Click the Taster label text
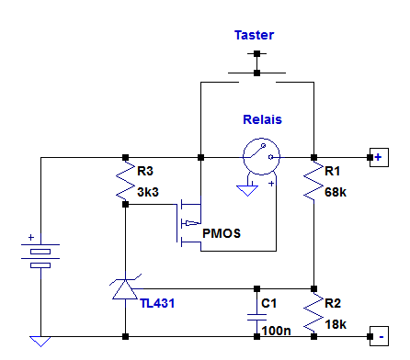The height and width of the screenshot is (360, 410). [x=255, y=35]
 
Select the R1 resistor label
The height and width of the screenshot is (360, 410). [x=336, y=170]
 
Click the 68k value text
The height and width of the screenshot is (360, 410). [x=337, y=191]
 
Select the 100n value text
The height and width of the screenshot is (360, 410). [x=277, y=328]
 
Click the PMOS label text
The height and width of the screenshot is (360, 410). [x=222, y=233]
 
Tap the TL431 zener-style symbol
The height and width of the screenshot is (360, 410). [x=124, y=288]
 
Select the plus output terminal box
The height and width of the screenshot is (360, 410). [x=377, y=157]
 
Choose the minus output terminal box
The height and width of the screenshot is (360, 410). [x=377, y=336]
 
